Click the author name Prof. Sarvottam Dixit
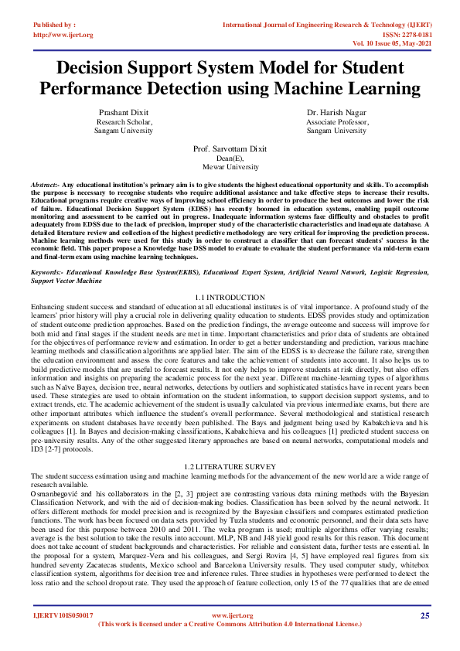(230, 148)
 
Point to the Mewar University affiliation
(230, 167)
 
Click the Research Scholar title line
(124, 122)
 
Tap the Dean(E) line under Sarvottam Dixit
(230, 158)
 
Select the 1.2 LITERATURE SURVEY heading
(230, 466)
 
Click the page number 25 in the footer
(424, 615)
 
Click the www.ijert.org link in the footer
(230, 615)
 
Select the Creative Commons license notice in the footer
(230, 624)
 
